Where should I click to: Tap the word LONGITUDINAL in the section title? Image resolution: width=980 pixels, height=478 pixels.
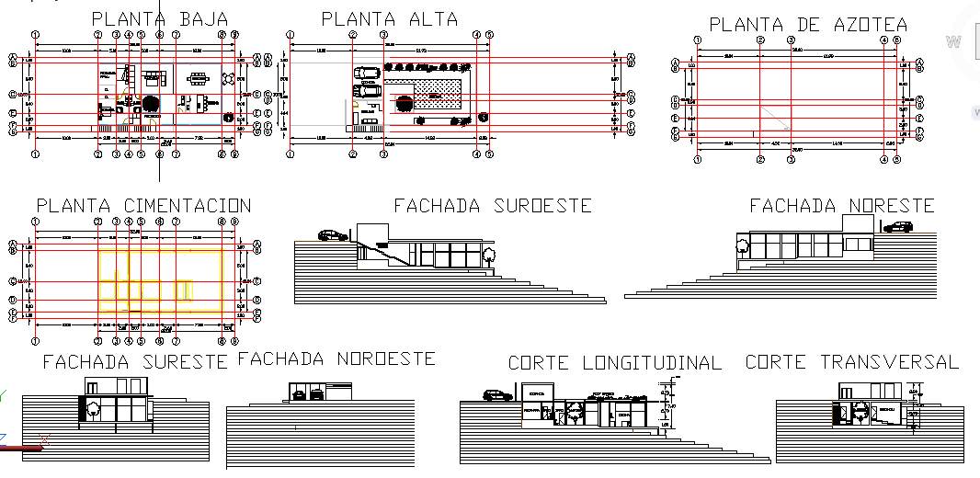point(652,363)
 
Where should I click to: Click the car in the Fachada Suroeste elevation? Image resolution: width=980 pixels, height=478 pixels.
point(333,235)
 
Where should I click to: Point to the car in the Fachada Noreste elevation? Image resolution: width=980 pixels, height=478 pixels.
point(896,227)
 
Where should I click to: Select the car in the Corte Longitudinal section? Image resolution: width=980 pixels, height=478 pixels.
point(498,395)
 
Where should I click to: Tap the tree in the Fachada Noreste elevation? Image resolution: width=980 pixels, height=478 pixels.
point(741,245)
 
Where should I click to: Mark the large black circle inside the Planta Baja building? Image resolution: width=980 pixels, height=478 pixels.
point(151,104)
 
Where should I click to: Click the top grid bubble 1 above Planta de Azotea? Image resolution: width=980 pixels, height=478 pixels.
point(698,40)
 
